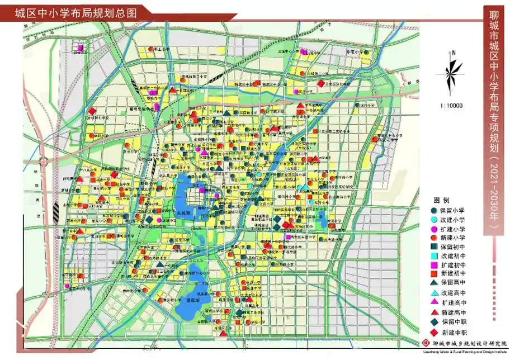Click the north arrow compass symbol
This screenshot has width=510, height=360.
pos(454,72)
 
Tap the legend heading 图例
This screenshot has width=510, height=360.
pos(441,200)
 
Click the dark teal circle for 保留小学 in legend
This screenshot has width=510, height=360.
pos(433,211)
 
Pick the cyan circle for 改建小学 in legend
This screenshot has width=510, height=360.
pos(433,220)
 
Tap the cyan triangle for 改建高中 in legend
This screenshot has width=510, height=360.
pos(433,293)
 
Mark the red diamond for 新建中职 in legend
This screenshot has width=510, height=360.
pos(433,332)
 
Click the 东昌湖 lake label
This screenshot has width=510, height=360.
pos(183,213)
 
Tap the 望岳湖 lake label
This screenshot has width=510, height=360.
pos(191,301)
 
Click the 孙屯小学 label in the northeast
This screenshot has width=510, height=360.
pos(353,51)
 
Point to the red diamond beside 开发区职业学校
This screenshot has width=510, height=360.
pos(320,84)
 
